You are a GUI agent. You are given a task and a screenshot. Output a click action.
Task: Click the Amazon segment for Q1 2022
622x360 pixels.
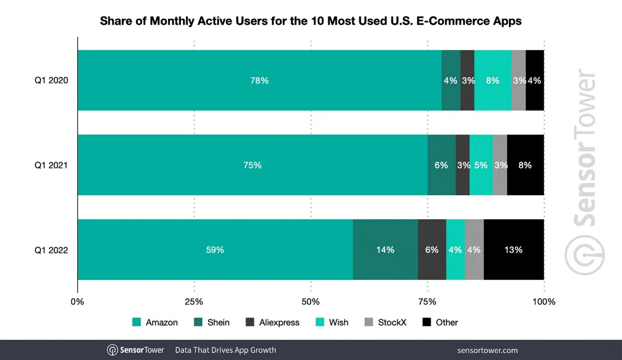click(x=215, y=249)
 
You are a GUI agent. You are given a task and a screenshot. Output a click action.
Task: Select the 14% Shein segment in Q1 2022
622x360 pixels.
click(x=385, y=249)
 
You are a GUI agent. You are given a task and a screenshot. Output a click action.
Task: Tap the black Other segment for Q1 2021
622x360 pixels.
click(x=525, y=165)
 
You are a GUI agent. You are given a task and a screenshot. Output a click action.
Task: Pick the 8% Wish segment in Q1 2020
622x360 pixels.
click(x=492, y=80)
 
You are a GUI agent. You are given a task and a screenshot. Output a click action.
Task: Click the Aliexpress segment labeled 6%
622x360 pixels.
click(x=432, y=249)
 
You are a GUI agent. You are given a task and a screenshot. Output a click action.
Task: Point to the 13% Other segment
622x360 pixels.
click(x=514, y=249)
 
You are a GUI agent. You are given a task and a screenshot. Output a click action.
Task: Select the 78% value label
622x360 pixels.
click(x=259, y=81)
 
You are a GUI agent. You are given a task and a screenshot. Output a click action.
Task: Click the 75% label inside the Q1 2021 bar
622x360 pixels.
click(x=252, y=166)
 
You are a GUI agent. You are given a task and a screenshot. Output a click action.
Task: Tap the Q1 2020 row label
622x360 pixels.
click(x=51, y=81)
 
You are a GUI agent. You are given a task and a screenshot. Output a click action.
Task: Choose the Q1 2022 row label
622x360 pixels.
click(x=51, y=250)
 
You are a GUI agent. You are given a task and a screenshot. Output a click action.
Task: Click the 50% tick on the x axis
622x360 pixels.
click(x=311, y=302)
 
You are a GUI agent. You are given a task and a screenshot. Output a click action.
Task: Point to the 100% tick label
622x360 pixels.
click(x=544, y=302)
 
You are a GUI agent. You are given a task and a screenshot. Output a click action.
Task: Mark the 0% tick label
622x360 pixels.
click(x=78, y=302)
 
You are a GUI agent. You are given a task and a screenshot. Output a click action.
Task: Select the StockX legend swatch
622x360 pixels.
click(x=369, y=323)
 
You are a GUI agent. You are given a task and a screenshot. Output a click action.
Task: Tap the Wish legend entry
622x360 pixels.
click(x=332, y=323)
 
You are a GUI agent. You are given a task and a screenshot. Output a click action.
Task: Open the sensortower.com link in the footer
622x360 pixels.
click(x=487, y=350)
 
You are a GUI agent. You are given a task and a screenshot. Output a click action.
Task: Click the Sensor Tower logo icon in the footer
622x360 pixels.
click(x=112, y=350)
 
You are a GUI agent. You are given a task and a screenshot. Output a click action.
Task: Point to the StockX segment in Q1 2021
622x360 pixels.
click(x=500, y=165)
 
